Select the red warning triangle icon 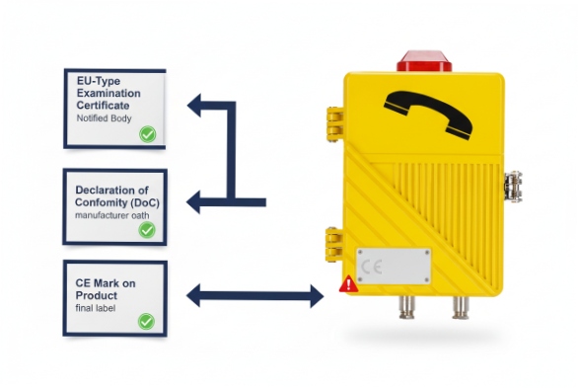(347, 284)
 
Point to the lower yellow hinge (334, 239)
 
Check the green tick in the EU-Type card (147, 133)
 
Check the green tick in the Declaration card (147, 230)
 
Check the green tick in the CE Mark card (147, 321)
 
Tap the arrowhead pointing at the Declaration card (196, 202)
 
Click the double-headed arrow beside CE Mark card (255, 293)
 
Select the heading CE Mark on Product (106, 289)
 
